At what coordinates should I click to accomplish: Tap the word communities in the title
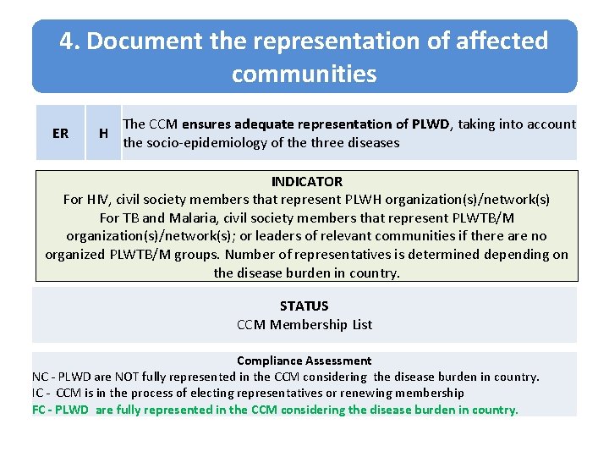304,74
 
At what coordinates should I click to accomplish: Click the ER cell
60,133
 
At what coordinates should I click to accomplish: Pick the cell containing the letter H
103,133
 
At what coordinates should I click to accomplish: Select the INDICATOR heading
306,181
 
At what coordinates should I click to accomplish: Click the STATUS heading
304,306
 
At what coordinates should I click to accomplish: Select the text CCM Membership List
304,324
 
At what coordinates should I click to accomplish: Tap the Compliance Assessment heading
304,361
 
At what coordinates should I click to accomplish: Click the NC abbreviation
41,377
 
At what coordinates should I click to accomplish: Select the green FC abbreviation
40,410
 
